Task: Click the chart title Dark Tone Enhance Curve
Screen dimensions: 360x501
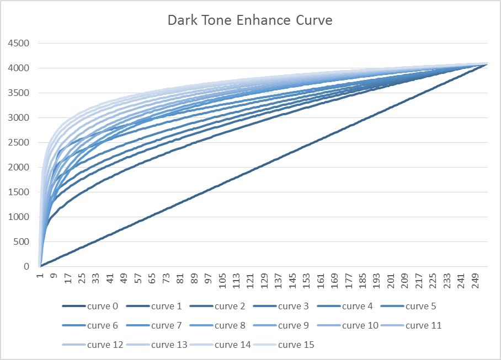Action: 250,21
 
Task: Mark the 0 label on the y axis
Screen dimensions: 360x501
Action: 26,266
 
